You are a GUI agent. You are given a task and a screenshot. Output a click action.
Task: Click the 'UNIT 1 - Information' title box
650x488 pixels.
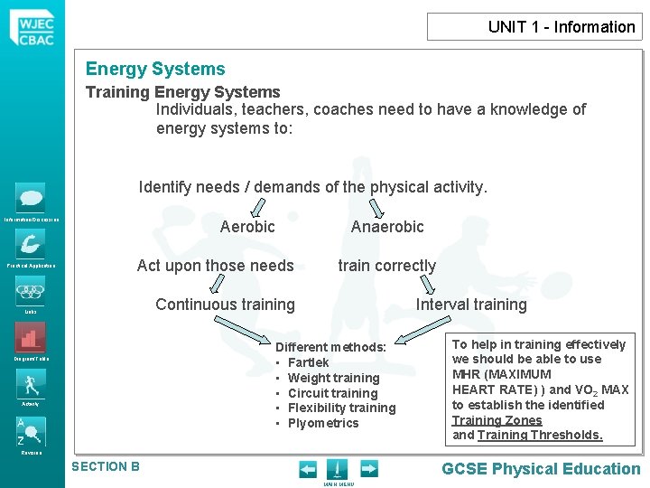534,27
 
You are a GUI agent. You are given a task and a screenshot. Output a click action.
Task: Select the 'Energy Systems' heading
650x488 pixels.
155,69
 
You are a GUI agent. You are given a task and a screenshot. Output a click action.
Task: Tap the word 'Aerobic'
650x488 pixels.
247,227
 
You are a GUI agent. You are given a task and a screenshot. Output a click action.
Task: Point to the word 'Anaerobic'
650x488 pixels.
387,227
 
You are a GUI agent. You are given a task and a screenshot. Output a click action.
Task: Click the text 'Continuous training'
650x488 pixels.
225,305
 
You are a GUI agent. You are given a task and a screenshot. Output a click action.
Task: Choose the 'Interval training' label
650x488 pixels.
471,305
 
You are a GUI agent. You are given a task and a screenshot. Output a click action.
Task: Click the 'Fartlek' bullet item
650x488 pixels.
308,362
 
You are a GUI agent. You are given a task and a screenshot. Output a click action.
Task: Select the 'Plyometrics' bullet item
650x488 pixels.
322,423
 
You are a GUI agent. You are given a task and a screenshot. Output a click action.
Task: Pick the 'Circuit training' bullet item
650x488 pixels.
332,393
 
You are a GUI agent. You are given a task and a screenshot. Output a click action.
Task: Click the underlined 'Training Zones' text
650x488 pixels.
497,420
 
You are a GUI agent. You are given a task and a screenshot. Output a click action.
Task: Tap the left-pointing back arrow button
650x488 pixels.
308,469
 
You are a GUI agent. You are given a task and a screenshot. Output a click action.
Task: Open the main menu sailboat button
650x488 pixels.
336,469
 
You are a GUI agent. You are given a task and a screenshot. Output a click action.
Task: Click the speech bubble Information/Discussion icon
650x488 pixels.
30,197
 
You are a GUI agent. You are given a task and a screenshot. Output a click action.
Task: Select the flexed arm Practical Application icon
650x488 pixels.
30,244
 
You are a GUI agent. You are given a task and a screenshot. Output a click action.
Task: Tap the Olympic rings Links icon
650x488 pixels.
30,291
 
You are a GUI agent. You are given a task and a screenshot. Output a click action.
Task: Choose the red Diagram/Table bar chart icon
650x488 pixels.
30,338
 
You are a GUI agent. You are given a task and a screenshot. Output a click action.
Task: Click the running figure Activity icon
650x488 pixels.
30,384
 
